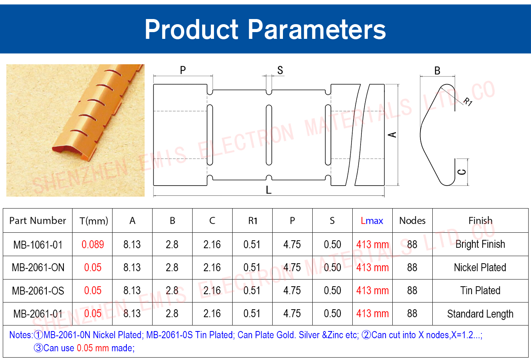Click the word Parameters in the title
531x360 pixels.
pos(317,29)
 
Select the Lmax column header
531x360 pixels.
pos(372,221)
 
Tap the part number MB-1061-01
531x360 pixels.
pos(38,245)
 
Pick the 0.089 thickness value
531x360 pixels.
pos(93,245)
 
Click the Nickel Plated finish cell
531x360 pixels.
pos(480,268)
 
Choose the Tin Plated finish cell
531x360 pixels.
pos(480,291)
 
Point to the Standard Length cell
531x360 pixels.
pos(480,314)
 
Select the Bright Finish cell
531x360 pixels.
pos(480,245)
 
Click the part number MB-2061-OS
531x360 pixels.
pos(38,291)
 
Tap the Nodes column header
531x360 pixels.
pos(412,221)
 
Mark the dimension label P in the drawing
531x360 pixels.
pos(183,70)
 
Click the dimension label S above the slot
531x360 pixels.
pos(280,70)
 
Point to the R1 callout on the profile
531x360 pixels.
pos(468,101)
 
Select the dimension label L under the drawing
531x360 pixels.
pos(268,190)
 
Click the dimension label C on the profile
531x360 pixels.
pos(462,172)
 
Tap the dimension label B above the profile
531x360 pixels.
pos(437,71)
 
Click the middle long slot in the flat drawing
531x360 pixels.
pos(269,135)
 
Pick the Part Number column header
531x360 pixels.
pos(38,221)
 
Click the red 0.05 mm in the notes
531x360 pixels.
pos(93,348)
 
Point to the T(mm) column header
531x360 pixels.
pos(94,221)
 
